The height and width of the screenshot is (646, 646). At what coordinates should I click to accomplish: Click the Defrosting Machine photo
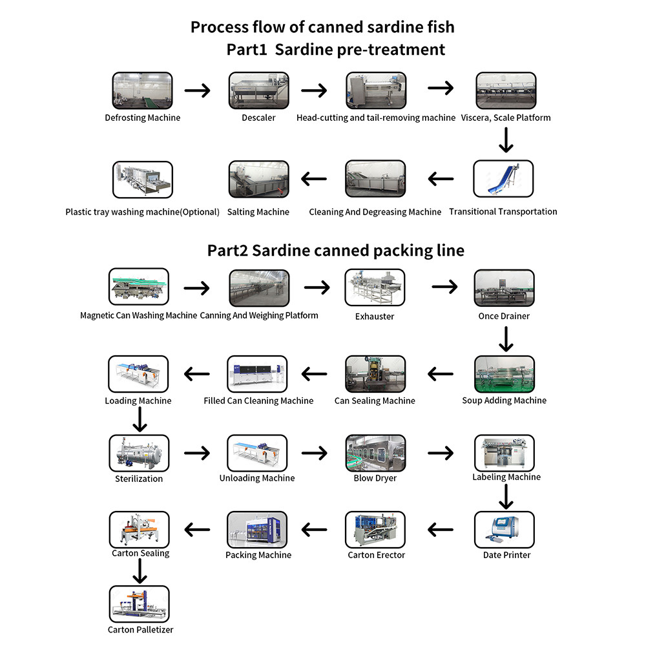click(x=143, y=90)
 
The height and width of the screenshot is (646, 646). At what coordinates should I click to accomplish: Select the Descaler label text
click(x=258, y=118)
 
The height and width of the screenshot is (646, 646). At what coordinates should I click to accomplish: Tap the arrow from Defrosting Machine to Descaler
click(x=198, y=90)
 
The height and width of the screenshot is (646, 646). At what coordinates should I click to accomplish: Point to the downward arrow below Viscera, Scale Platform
click(x=506, y=140)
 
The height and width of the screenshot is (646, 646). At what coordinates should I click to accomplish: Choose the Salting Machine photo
click(x=258, y=179)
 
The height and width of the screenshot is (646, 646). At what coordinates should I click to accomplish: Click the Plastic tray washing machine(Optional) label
click(x=142, y=212)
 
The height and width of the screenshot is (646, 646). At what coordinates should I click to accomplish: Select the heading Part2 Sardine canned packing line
click(x=335, y=251)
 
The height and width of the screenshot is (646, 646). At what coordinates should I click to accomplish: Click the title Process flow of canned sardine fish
click(x=322, y=27)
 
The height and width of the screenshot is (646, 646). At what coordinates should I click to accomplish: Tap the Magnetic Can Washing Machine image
click(x=138, y=287)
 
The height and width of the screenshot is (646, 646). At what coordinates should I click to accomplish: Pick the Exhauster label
click(x=375, y=317)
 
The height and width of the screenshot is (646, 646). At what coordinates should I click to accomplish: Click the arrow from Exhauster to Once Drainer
click(x=444, y=286)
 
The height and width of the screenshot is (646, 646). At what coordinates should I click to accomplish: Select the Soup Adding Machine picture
click(x=504, y=374)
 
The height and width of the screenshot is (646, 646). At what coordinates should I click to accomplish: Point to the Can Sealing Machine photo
click(x=375, y=374)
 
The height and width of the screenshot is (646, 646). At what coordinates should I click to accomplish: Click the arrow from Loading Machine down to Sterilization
click(x=139, y=419)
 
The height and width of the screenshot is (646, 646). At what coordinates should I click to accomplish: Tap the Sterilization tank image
click(x=138, y=453)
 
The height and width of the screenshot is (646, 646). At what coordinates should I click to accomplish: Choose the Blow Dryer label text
click(x=375, y=479)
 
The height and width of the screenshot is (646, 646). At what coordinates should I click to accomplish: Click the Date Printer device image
click(x=504, y=530)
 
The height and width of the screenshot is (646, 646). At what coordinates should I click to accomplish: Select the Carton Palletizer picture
click(x=139, y=605)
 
